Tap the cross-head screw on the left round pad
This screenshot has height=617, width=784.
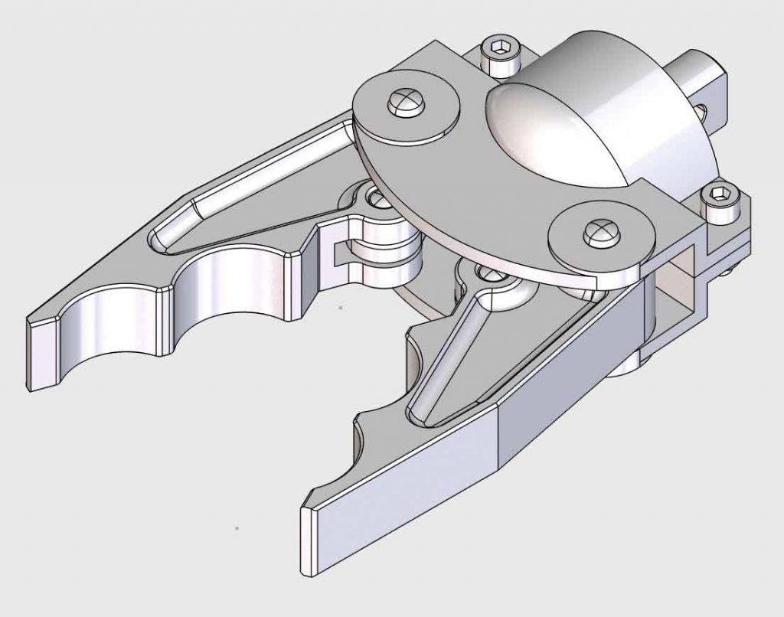point(406,100)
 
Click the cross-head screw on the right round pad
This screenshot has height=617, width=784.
point(599,230)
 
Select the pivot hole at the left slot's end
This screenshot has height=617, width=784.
point(377,199)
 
